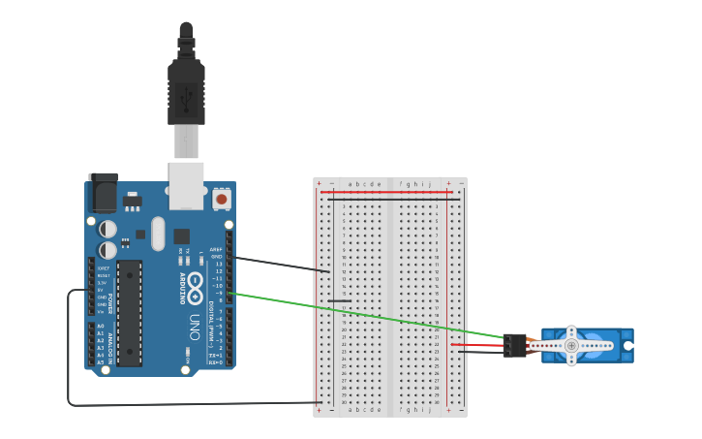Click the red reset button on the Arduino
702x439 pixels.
(222, 199)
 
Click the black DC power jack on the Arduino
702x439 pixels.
(103, 193)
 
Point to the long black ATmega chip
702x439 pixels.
(129, 312)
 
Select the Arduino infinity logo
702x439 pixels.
(195, 285)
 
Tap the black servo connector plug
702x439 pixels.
(515, 345)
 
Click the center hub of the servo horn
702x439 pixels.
(571, 345)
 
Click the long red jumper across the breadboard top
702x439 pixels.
(387, 192)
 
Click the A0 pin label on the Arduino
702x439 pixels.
(100, 327)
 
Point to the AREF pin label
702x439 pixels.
(216, 249)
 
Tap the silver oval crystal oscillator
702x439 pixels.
(158, 234)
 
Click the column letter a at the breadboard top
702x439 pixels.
(351, 183)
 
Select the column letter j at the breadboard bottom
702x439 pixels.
(429, 410)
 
